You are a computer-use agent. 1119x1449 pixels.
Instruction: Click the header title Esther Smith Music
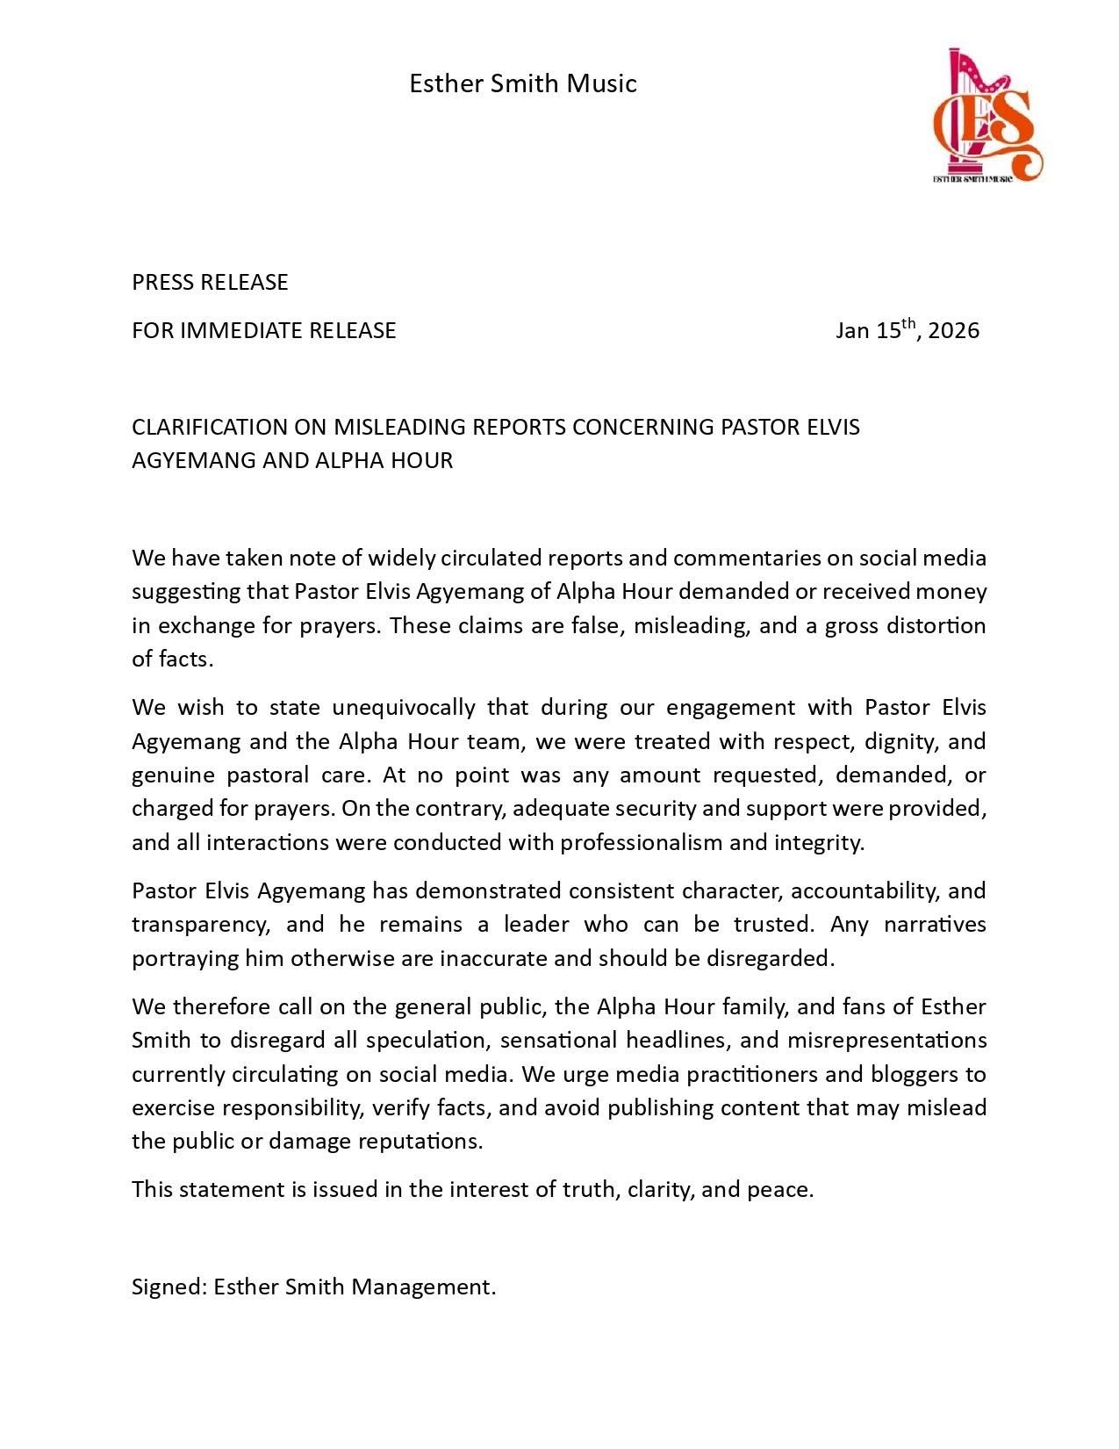pyautogui.click(x=523, y=83)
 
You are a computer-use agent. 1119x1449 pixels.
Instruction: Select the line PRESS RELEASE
pyautogui.click(x=210, y=282)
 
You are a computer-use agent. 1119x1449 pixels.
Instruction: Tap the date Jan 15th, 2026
pyautogui.click(x=907, y=330)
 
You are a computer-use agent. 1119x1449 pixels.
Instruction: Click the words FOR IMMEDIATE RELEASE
pyautogui.click(x=264, y=330)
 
